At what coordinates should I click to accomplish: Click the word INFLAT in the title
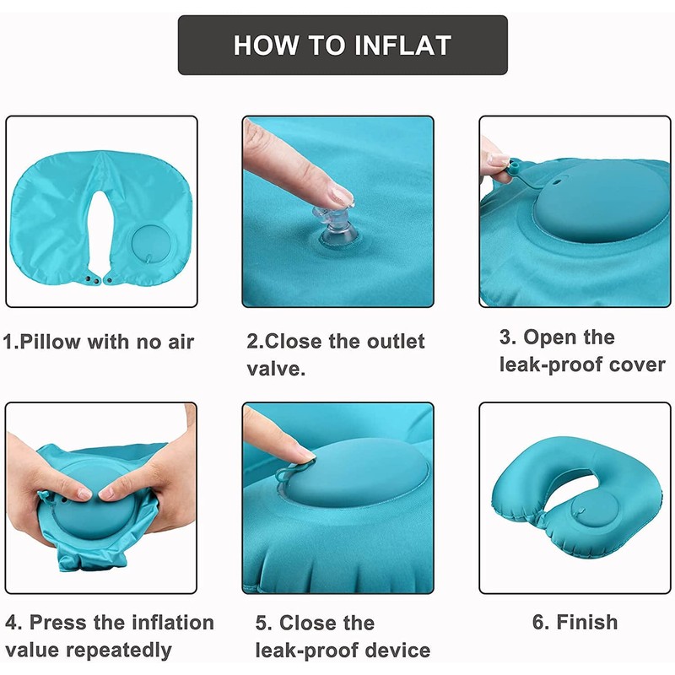click(402, 46)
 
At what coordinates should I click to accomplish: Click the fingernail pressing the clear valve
click(342, 196)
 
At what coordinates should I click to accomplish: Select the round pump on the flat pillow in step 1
click(152, 243)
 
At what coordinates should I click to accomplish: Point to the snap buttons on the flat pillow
click(98, 280)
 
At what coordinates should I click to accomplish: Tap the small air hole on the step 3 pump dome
click(556, 182)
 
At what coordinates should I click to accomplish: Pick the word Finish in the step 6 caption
click(587, 622)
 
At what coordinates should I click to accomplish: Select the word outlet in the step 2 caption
click(396, 341)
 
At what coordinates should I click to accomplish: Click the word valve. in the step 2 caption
click(276, 369)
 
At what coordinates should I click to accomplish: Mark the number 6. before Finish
click(541, 622)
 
